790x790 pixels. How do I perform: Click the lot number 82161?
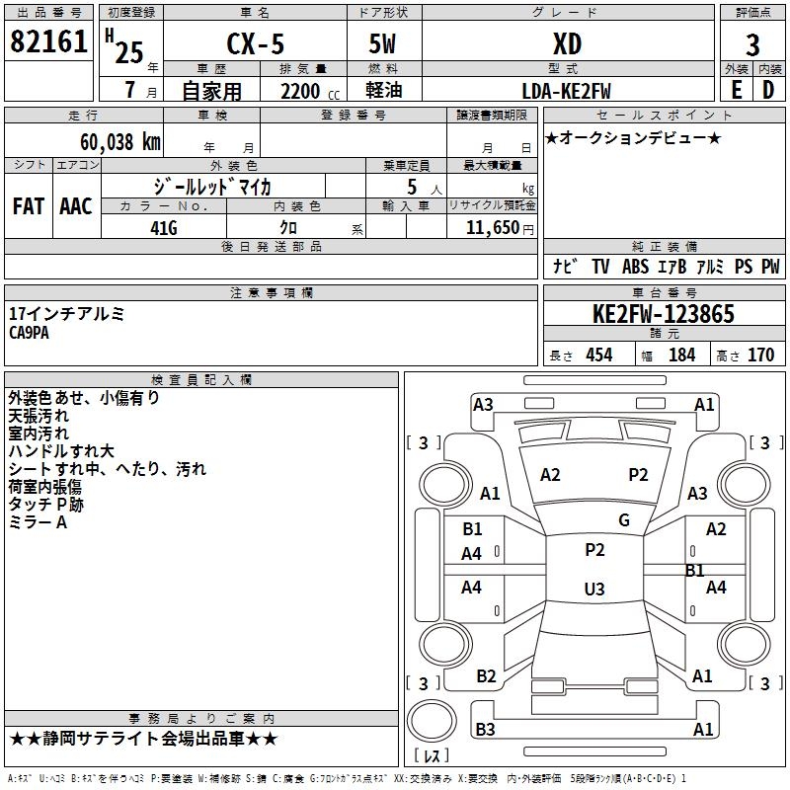pos(48,41)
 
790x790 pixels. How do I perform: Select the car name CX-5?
pos(255,43)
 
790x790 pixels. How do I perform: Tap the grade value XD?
pos(567,43)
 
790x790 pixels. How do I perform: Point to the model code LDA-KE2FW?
pos(566,91)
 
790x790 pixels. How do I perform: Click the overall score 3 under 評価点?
pos(752,44)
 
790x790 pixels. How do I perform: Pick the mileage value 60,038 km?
pos(120,142)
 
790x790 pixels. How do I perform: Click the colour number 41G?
pos(164,228)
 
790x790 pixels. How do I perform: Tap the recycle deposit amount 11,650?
pos(492,228)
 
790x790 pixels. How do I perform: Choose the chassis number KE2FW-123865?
pos(664,314)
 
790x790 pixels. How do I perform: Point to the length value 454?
pos(599,355)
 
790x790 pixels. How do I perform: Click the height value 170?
pos(760,355)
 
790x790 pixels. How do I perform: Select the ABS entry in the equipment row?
pos(635,267)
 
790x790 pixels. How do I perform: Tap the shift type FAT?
pos(29,206)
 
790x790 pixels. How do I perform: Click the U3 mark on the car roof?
pos(594,589)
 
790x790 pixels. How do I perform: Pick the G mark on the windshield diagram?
pos(624,520)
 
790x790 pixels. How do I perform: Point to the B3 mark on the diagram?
pos(485,729)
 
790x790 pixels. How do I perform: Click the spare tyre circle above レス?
pos(432,721)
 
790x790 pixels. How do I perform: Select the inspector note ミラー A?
pos(38,522)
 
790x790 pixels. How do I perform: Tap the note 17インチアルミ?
pos(66,314)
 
